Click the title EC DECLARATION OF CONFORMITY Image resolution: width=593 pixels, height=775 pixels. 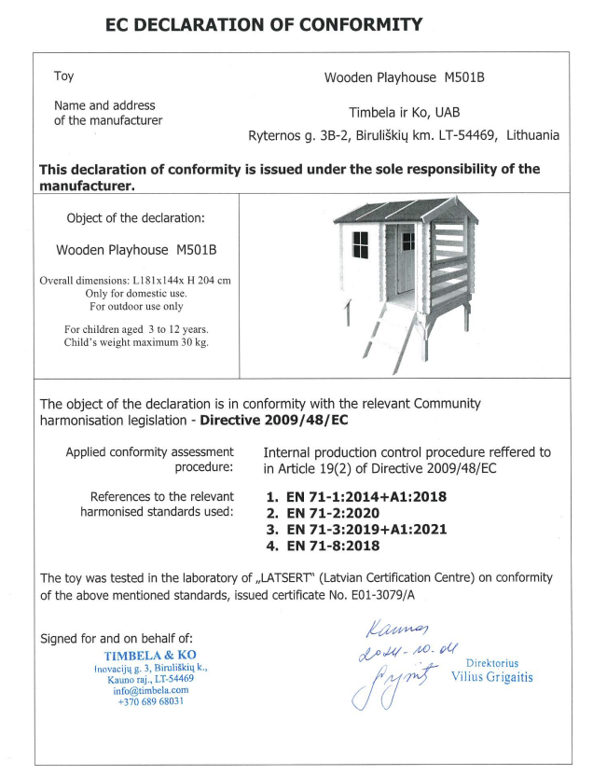coord(264,25)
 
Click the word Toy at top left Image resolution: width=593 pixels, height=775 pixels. coord(63,76)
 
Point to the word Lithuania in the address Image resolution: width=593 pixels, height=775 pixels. coord(532,135)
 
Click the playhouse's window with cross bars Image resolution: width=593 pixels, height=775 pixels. coord(359,245)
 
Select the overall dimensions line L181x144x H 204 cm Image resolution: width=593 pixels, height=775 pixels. coord(134,281)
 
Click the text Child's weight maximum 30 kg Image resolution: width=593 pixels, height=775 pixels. coord(136,342)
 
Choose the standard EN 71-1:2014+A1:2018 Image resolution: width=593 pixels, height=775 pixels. coord(358,497)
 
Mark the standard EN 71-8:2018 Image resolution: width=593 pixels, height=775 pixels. coord(325,545)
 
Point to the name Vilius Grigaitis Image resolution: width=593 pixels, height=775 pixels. coord(491,677)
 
